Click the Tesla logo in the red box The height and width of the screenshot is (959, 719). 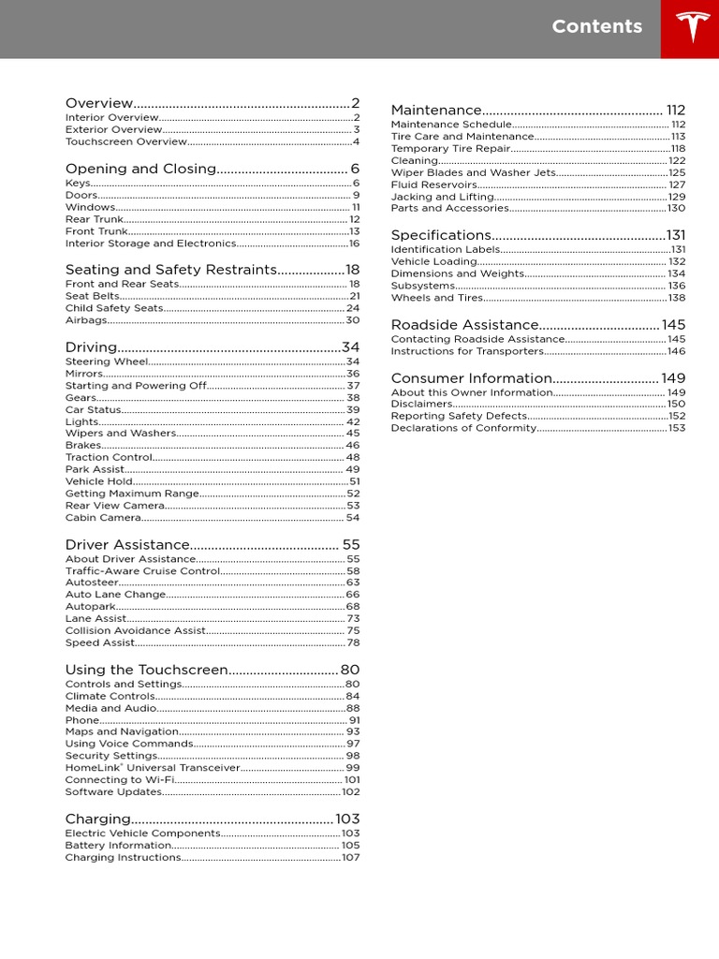click(690, 28)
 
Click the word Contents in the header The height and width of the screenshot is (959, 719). click(597, 26)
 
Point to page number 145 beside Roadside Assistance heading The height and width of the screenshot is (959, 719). click(673, 325)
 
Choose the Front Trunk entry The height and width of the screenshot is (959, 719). click(96, 231)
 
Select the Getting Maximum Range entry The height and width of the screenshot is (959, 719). click(132, 494)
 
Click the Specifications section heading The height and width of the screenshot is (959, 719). click(441, 235)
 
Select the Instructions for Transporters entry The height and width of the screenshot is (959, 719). click(467, 351)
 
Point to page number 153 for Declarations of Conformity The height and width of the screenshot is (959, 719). click(676, 428)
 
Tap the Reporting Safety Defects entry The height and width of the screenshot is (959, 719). click(459, 416)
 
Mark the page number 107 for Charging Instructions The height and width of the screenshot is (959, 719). click(350, 858)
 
